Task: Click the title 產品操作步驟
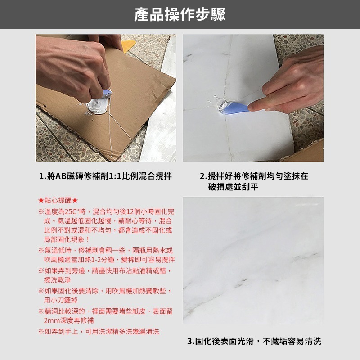(180, 14)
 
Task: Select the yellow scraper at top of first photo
(129, 45)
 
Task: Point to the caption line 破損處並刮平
(233, 187)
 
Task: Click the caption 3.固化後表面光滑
(254, 342)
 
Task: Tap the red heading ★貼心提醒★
(58, 201)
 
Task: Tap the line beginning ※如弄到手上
(99, 332)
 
